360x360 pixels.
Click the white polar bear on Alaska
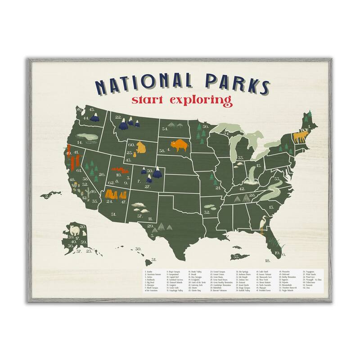pos(72,233)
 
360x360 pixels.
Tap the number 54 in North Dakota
pos(165,129)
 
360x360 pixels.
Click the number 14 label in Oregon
pos(80,143)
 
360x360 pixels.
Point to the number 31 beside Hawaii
pos(153,260)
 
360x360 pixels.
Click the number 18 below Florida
pos(267,261)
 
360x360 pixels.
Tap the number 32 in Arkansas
pos(207,212)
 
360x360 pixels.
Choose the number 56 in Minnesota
pos(205,127)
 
